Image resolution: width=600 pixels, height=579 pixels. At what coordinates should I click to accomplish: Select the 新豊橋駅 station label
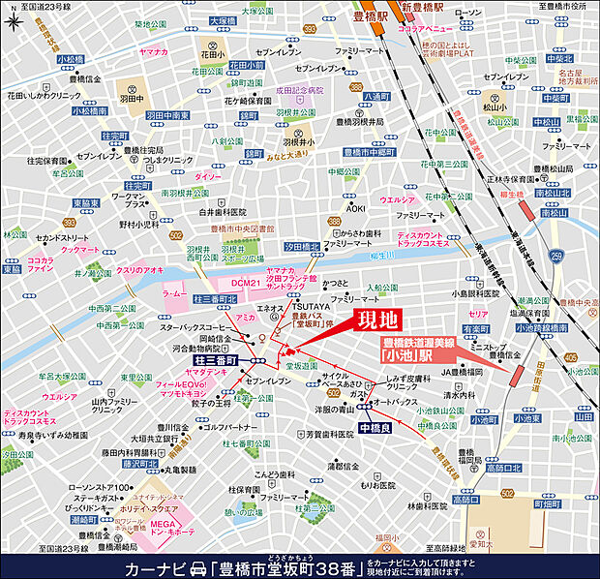coord(424,8)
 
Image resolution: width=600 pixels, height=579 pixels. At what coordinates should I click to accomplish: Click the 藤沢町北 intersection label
coord(138,465)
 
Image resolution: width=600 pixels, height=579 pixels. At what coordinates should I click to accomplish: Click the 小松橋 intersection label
coord(71,58)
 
